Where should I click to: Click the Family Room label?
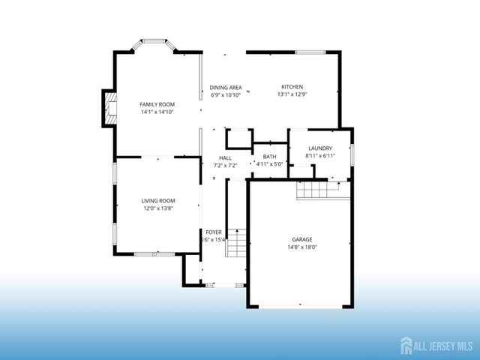pos(157,103)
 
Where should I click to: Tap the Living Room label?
pos(158,200)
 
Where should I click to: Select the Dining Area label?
pos(225,87)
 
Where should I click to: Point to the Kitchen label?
pos(292,86)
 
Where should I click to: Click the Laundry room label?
pos(319,148)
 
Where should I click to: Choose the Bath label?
pos(269,156)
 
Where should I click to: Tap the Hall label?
pos(225,157)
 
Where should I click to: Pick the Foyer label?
pos(214,232)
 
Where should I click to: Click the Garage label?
pos(302,239)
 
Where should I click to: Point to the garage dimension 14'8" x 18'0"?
pos(302,247)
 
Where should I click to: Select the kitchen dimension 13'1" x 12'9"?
pos(292,94)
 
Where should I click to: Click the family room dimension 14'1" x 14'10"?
pos(157,112)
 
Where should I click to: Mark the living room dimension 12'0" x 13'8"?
pos(158,208)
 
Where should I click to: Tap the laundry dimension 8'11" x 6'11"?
pos(319,156)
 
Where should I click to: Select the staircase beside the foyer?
pos(236,243)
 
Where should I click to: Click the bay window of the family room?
pos(154,45)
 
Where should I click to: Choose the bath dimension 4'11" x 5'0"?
pos(269,164)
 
